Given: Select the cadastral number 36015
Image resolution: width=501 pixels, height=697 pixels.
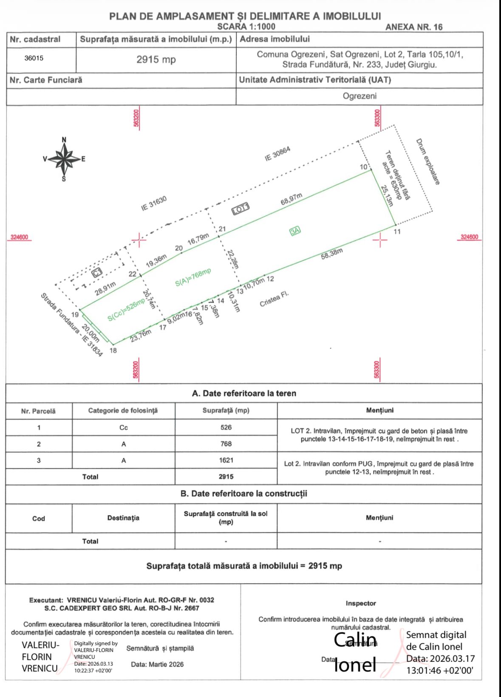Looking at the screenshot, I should coord(34,59).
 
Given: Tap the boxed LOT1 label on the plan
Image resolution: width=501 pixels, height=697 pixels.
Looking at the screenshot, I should coord(241,209).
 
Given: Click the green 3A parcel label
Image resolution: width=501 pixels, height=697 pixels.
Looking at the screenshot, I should coord(295,231).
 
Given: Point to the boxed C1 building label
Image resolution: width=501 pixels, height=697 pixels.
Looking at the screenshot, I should coord(97,272).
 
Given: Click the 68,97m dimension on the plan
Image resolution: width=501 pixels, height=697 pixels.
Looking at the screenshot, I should coord(291,199).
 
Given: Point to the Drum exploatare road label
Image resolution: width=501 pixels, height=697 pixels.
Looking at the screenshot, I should coord(427,162).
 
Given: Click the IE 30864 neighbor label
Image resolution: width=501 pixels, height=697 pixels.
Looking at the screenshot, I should coord(277,154).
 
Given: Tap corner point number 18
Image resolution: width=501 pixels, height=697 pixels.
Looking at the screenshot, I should coord(113,351).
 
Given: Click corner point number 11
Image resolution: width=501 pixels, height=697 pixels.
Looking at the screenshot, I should coord(397,232).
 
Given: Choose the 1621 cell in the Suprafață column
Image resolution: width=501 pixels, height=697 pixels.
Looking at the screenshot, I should coord(226,460).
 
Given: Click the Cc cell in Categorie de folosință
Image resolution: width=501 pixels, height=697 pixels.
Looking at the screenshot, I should coord(123,428).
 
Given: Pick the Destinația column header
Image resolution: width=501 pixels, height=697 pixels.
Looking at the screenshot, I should coord(123,518).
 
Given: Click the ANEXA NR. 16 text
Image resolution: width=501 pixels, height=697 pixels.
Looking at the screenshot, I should coord(413,27).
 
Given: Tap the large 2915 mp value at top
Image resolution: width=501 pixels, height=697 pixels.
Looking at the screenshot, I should coord(156,60).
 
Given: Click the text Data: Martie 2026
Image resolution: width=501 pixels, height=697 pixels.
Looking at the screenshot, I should coord(157,665).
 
